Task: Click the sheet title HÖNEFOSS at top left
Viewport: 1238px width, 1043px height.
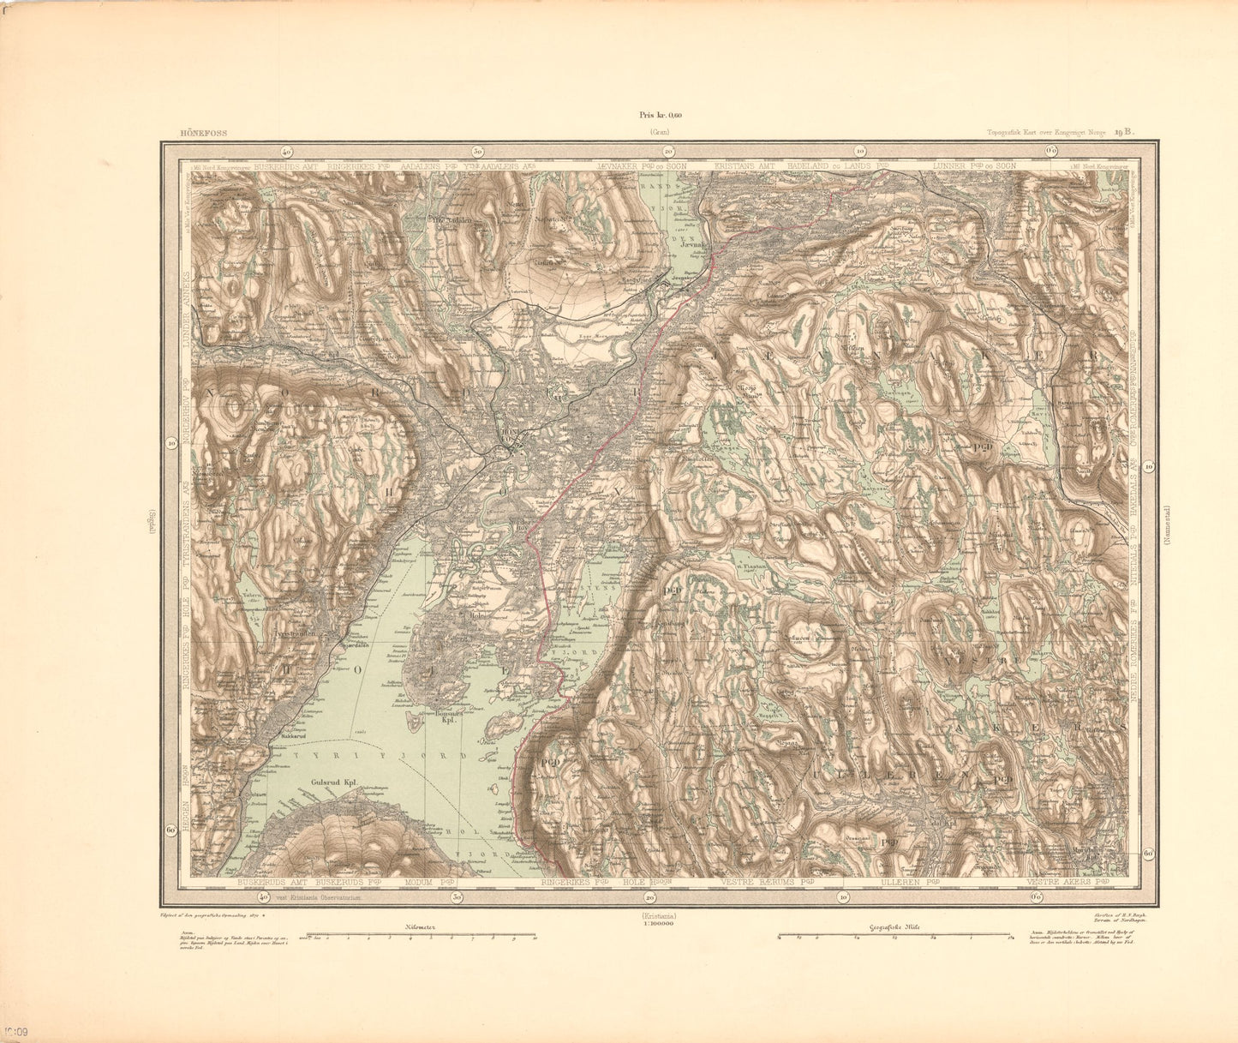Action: click(x=199, y=133)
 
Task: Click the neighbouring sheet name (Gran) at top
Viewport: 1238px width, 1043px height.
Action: click(x=659, y=133)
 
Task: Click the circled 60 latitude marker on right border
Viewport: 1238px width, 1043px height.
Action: click(x=1147, y=854)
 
